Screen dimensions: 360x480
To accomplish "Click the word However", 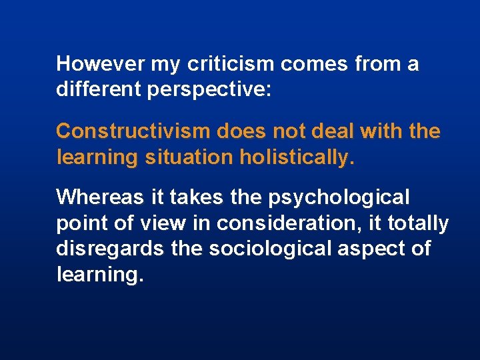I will tap(100, 64).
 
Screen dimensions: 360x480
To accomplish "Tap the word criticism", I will tap(231, 64).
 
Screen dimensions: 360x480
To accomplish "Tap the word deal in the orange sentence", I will tap(332, 131).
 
